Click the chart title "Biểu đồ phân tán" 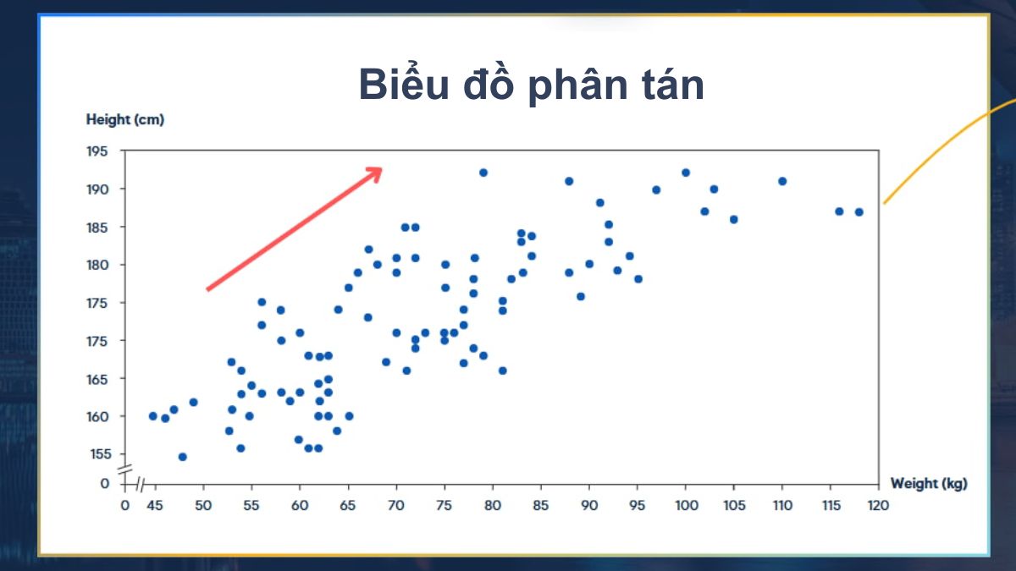tap(531, 85)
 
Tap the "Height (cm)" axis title tap(125, 119)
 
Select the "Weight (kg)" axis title tap(928, 483)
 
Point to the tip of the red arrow tap(382, 168)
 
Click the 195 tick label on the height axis tap(98, 151)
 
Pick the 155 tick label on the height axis tap(98, 454)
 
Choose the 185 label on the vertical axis tap(98, 227)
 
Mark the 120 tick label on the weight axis tap(879, 506)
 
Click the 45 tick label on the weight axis tap(154, 506)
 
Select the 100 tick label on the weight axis tap(686, 506)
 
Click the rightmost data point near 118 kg tap(859, 212)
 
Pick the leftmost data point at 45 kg tap(153, 416)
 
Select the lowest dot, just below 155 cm tap(182, 457)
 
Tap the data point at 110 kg tap(782, 181)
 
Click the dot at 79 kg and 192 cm tap(483, 173)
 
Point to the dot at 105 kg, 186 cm tap(733, 219)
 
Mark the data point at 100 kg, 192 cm tap(686, 173)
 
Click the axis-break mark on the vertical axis tap(125, 469)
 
